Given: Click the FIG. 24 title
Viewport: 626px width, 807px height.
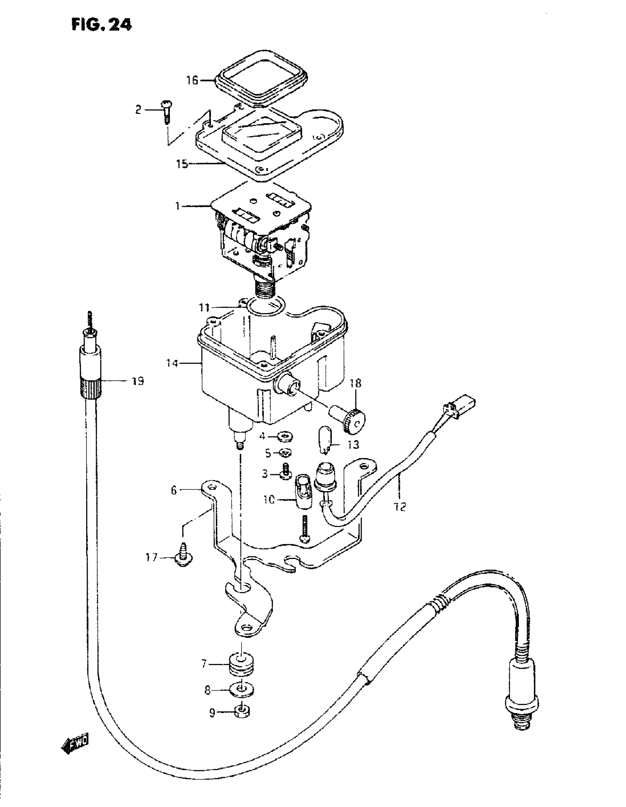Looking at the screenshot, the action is tap(102, 25).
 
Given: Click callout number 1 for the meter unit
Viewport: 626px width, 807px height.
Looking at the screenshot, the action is tap(178, 206).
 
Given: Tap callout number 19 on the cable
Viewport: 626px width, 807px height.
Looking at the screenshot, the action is tap(138, 381).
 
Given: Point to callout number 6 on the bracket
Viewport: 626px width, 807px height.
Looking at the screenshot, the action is tap(174, 490).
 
